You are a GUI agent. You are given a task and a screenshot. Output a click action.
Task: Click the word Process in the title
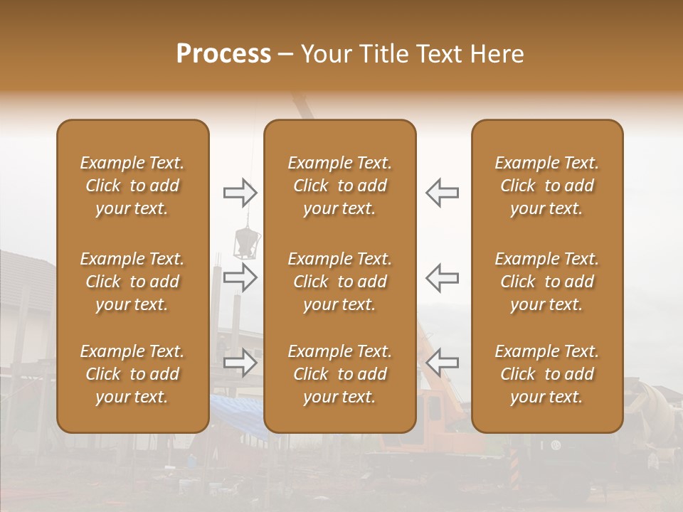tap(223, 54)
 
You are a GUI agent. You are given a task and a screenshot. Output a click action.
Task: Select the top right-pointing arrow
tap(240, 192)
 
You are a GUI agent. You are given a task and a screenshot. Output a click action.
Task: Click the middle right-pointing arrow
tap(240, 277)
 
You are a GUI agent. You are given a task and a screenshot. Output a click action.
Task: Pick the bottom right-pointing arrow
tap(240, 363)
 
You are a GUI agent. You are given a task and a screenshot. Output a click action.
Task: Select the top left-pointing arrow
tap(442, 192)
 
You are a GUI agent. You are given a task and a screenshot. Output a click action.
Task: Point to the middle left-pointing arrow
tap(442, 277)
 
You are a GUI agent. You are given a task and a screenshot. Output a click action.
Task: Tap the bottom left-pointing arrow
tap(442, 363)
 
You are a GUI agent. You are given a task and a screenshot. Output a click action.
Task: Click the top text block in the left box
tap(132, 186)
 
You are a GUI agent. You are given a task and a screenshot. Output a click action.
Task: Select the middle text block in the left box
tap(132, 282)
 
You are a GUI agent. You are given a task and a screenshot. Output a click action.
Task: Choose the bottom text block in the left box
tap(132, 374)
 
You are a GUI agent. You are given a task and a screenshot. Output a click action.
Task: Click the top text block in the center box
tap(340, 186)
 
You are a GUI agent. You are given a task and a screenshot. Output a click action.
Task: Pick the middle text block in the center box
tap(340, 282)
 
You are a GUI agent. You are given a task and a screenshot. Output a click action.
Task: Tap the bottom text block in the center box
tap(340, 374)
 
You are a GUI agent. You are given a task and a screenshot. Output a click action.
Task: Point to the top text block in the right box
tap(547, 186)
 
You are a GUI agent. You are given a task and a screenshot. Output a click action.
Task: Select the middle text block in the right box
tap(547, 282)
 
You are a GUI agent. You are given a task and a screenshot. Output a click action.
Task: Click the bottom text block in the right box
tap(547, 374)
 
